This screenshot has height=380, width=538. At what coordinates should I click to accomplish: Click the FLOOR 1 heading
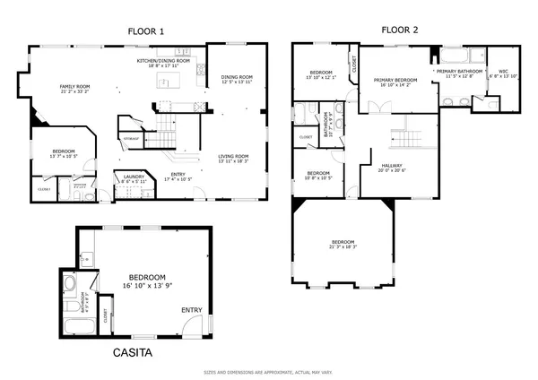149,31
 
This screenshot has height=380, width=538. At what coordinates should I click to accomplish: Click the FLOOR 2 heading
399,30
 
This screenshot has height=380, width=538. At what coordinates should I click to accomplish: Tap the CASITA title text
132,353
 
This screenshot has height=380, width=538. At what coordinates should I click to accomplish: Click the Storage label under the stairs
131,139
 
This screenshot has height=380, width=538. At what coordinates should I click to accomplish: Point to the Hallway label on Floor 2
391,168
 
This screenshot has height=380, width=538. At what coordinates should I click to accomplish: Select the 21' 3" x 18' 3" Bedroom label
343,245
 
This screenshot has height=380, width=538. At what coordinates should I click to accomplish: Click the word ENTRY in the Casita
192,310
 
